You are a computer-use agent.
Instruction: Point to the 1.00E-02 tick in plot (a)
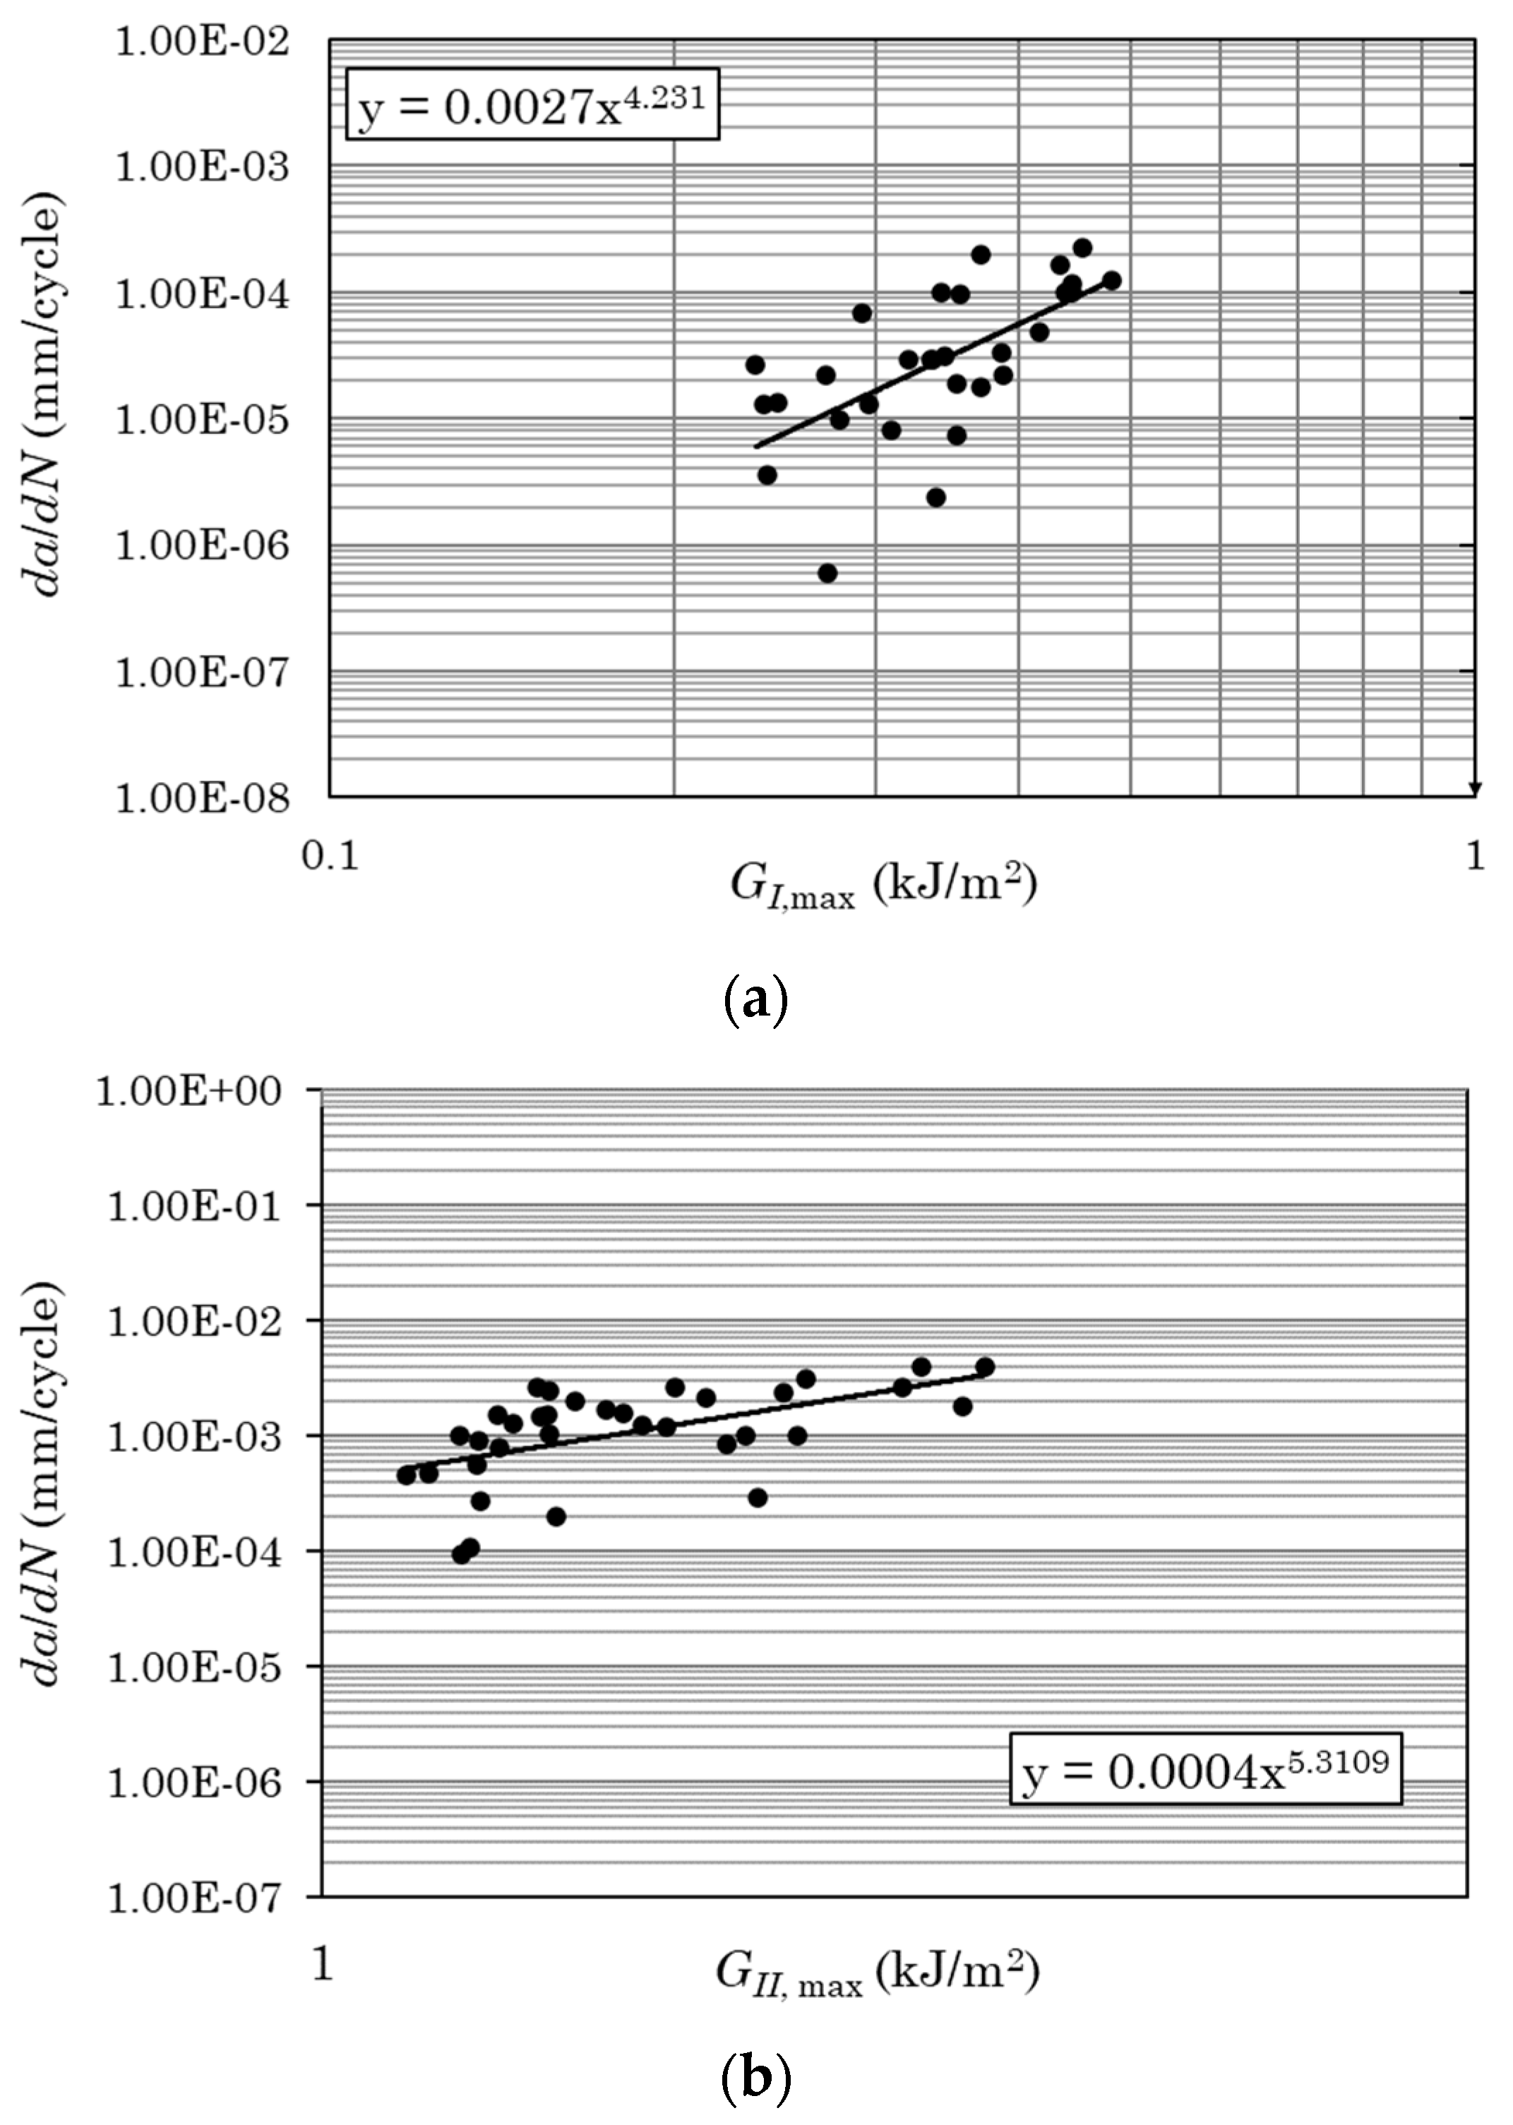tap(202, 42)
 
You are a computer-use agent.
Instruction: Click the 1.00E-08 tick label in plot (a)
tap(202, 798)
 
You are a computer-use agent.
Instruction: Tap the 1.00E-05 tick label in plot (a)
tap(202, 420)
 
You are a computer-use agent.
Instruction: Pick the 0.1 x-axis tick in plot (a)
tap(330, 855)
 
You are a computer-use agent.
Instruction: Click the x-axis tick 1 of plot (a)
tap(1475, 855)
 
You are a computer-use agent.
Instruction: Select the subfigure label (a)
tap(755, 1001)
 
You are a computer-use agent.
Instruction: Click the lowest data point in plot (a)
tap(827, 572)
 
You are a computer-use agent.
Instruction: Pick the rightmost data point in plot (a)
tap(1111, 280)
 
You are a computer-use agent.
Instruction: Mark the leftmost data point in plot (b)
tap(406, 1475)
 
